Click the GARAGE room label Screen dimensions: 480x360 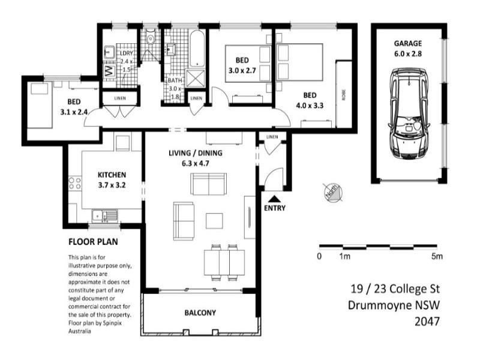point(408,43)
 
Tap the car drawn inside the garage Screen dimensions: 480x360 point(409,113)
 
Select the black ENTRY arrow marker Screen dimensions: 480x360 point(274,199)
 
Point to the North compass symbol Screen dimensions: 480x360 point(333,193)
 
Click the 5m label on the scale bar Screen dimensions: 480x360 point(437,256)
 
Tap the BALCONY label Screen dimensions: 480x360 point(200,313)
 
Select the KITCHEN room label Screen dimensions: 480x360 point(112,175)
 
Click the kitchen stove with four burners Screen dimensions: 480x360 point(74,184)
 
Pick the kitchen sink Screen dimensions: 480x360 point(104,216)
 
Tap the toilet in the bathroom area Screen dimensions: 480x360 point(151,38)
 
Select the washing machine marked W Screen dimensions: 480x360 point(109,71)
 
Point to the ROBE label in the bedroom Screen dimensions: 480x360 point(343,95)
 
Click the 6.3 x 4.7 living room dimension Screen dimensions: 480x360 point(196,163)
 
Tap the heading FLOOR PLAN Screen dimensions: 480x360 point(93,242)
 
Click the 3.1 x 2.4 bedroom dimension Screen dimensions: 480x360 point(74,112)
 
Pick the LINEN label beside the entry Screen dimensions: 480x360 point(272,137)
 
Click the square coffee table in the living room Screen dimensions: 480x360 point(214,221)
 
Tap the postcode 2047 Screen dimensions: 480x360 point(427,321)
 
